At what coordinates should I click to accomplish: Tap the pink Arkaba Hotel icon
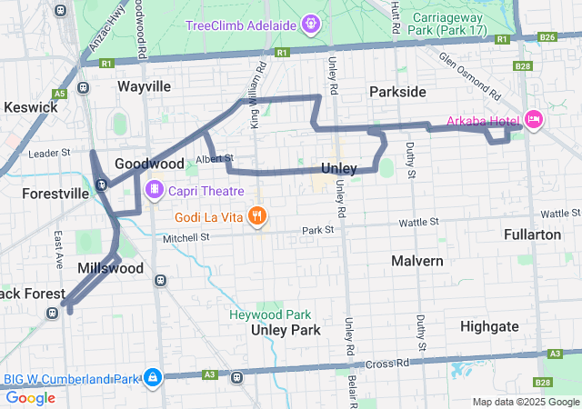pos(534,119)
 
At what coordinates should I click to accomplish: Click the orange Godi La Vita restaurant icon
pos(258,216)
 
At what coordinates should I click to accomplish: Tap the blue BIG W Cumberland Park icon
pos(153,376)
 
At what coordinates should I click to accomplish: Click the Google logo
pos(31,397)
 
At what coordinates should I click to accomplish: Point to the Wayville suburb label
pos(144,86)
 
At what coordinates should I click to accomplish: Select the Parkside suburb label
pos(397,92)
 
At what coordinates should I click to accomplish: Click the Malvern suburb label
pos(416,261)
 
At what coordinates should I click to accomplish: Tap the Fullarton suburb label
pos(532,234)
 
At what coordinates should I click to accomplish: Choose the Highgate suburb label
pos(489,326)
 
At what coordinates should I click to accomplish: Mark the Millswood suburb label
pos(110,268)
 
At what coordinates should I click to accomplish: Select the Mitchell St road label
pos(186,237)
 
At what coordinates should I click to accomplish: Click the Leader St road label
pos(49,154)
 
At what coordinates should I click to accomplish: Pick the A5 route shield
pos(59,93)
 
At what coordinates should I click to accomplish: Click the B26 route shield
pos(547,37)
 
